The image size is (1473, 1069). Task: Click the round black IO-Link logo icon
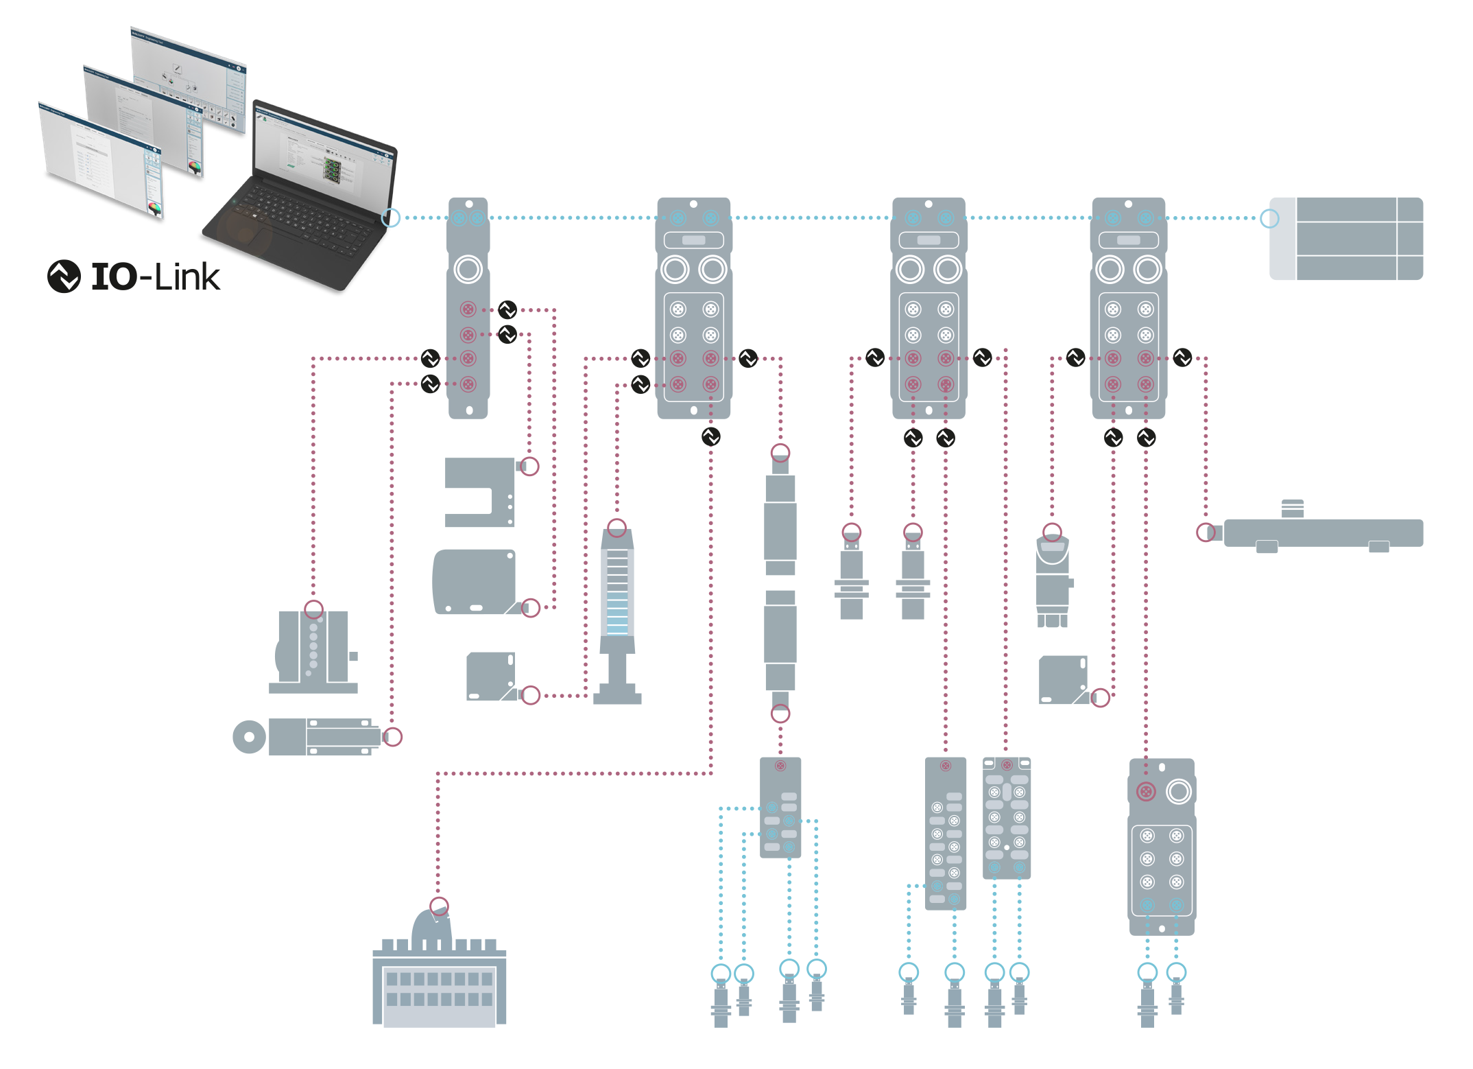64,277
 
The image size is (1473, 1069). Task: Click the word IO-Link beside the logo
156,277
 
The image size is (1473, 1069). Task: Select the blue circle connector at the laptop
390,218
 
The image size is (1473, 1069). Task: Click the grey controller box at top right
1345,239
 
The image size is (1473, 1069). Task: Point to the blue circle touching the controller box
1269,218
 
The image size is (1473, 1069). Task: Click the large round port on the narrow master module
468,269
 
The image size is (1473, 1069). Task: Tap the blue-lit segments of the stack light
616,621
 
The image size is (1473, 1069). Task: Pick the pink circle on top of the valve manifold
439,906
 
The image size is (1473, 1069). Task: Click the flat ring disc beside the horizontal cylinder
249,737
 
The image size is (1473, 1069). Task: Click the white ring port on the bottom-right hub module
1178,792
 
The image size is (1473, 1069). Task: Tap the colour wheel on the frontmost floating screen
155,207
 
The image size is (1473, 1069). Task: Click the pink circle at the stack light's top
616,528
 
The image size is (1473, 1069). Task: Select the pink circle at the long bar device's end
1206,532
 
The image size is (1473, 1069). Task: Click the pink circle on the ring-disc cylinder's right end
392,737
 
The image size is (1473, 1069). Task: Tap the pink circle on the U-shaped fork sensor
529,467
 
